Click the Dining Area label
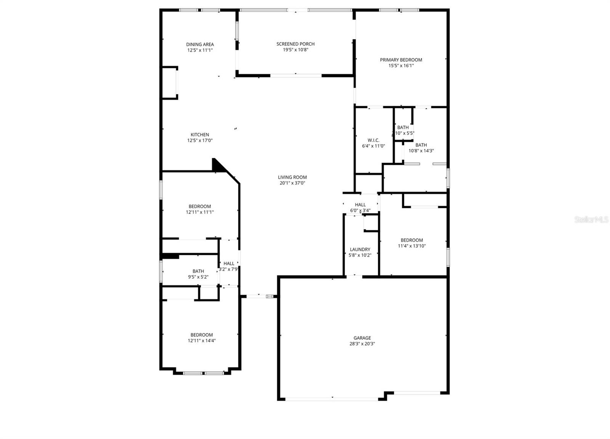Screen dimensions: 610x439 pyautogui.click(x=200, y=44)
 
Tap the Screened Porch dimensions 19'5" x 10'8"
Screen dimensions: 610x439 pyautogui.click(x=295, y=50)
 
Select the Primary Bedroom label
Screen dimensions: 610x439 pyautogui.click(x=401, y=60)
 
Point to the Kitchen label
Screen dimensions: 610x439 pyautogui.click(x=200, y=135)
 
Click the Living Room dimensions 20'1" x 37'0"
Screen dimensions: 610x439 pyautogui.click(x=292, y=183)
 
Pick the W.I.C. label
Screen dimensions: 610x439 pyautogui.click(x=373, y=140)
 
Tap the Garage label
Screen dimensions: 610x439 pyautogui.click(x=362, y=338)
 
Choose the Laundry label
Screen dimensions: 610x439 pyautogui.click(x=360, y=249)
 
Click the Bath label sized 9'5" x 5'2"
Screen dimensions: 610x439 pyautogui.click(x=198, y=271)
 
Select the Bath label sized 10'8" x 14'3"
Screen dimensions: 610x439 pyautogui.click(x=421, y=145)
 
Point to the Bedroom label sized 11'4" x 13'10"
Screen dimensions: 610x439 pyautogui.click(x=412, y=240)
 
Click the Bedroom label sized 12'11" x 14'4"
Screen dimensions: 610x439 pyautogui.click(x=202, y=335)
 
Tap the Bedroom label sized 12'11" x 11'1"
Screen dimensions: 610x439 pyautogui.click(x=200, y=207)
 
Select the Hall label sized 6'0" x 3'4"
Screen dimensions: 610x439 pyautogui.click(x=360, y=205)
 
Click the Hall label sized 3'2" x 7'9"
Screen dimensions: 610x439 pyautogui.click(x=229, y=264)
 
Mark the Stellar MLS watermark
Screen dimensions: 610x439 pyautogui.click(x=591, y=220)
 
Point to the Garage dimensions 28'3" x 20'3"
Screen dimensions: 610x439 pyautogui.click(x=362, y=344)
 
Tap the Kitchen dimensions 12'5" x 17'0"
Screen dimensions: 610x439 pyautogui.click(x=200, y=140)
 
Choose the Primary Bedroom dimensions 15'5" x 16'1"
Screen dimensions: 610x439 pyautogui.click(x=401, y=66)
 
